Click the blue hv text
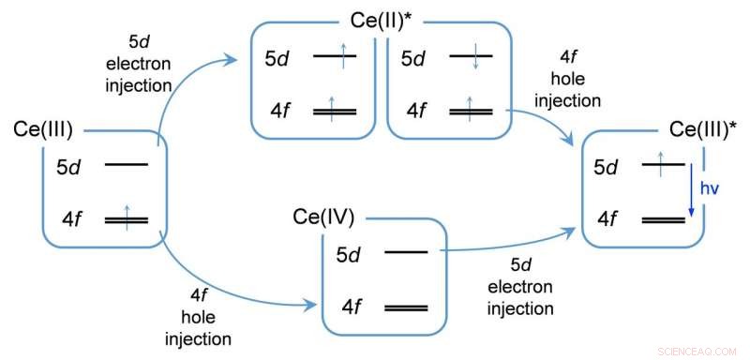712,187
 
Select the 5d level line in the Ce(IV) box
406,251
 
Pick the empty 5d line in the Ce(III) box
127,165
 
